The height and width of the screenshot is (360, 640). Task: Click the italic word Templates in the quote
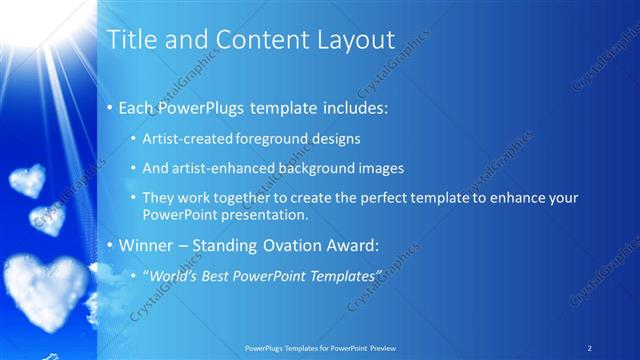click(345, 275)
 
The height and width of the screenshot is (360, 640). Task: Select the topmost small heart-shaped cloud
click(26, 181)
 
